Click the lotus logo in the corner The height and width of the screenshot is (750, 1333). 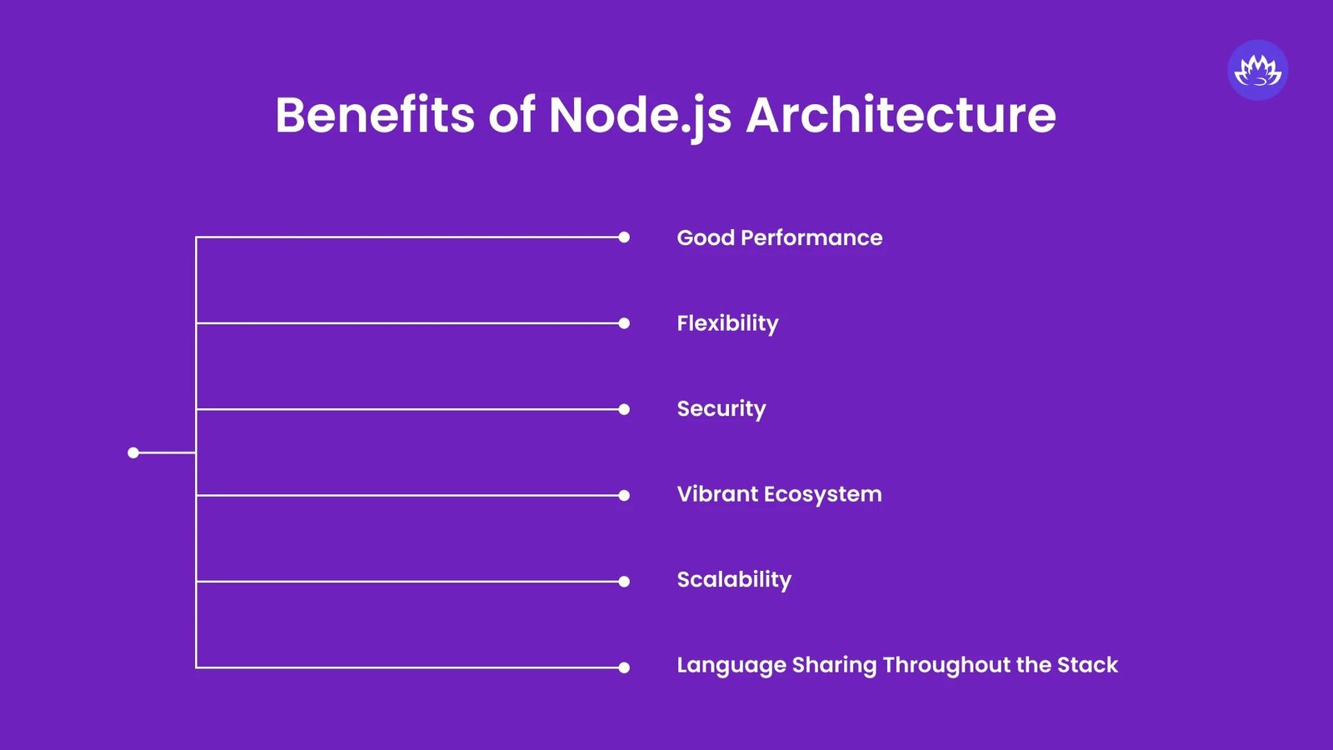click(1257, 70)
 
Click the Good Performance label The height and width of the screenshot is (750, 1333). click(779, 237)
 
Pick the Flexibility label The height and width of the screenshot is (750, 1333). click(727, 323)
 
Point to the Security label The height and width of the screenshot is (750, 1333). click(721, 409)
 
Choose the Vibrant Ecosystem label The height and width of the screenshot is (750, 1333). click(779, 494)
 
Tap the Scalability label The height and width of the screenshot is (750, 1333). click(734, 580)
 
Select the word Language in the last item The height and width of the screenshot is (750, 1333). click(731, 666)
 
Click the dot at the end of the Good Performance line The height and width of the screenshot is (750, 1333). click(624, 237)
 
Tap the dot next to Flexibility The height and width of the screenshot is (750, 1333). click(624, 323)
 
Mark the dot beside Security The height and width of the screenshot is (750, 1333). click(624, 409)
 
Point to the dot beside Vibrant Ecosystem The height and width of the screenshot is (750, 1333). click(624, 495)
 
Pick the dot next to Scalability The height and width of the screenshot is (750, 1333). click(624, 582)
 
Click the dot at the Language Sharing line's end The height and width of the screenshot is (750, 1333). click(624, 667)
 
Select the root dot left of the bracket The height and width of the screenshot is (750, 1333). click(133, 452)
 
